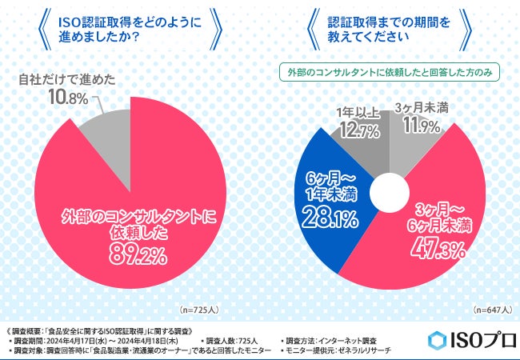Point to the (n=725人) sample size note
coord(194,309)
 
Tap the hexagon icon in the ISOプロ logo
coord(437,338)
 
